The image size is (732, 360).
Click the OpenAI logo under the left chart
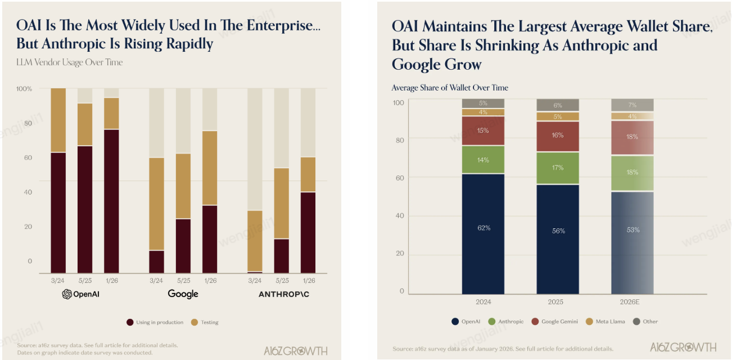tap(84, 294)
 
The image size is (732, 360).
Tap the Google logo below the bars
tap(183, 294)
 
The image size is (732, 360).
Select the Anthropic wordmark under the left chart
tap(283, 294)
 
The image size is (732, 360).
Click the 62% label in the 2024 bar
tap(484, 228)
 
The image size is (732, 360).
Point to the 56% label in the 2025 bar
tap(558, 231)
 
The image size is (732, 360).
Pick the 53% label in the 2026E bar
tap(632, 229)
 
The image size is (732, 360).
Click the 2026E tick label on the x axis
tap(632, 302)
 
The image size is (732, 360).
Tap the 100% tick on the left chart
tap(24, 89)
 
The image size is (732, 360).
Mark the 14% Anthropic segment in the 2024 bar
tap(484, 160)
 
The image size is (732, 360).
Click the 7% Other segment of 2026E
tap(632, 105)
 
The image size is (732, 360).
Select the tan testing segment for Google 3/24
tap(156, 204)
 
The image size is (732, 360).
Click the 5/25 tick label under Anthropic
tap(281, 280)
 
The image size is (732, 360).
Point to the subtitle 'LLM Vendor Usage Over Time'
tap(69, 62)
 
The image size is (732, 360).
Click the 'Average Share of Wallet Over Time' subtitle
tap(450, 88)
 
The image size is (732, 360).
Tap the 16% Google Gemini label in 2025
tap(558, 136)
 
